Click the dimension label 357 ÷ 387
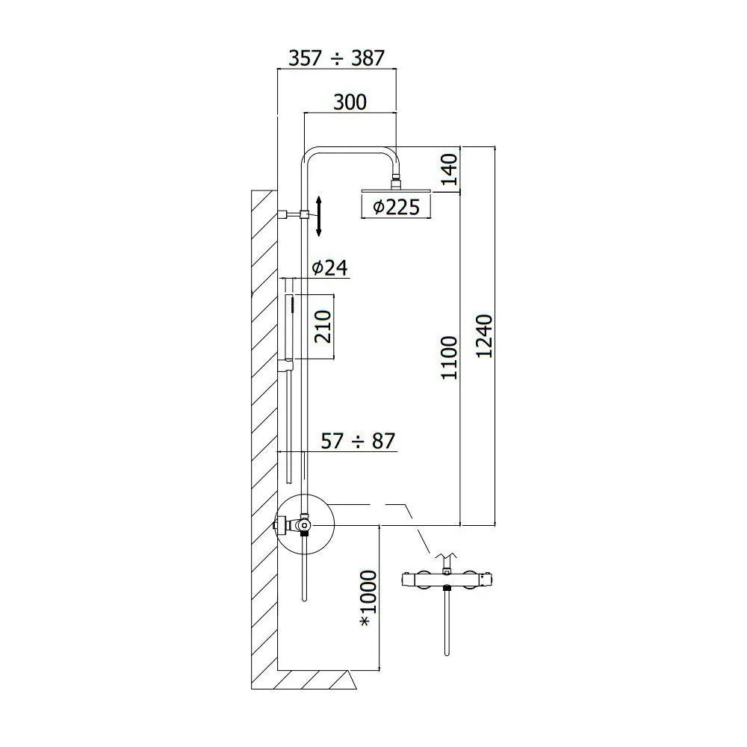click(336, 58)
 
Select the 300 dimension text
click(350, 102)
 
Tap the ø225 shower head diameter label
click(397, 207)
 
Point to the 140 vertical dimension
click(449, 169)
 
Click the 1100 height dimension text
click(449, 357)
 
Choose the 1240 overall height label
click(484, 336)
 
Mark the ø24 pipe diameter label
click(329, 267)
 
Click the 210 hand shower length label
click(323, 326)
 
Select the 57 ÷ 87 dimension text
click(358, 441)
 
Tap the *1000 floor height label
click(369, 598)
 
